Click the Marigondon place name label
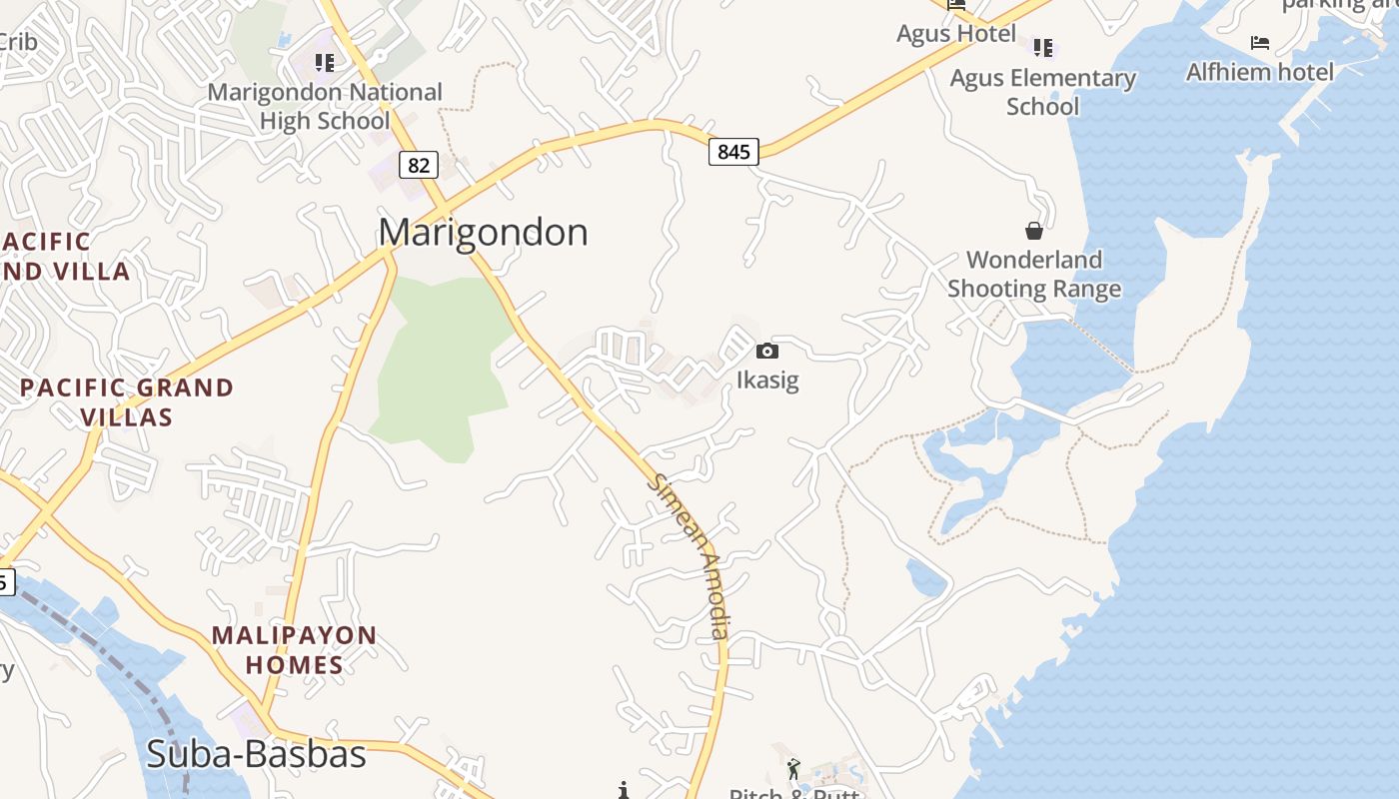tap(483, 233)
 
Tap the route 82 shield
tap(419, 165)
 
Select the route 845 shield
tap(733, 152)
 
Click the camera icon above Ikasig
tap(767, 351)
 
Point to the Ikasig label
tap(767, 381)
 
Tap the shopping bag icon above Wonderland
tap(1034, 231)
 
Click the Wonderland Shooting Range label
tap(1034, 275)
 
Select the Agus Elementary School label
tap(1042, 92)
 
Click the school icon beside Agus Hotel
tap(1043, 47)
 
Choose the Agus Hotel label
tap(955, 33)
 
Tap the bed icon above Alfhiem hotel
tap(1260, 43)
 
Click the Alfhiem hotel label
tap(1259, 72)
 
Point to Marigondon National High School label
tap(325, 106)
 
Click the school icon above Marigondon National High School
tap(324, 63)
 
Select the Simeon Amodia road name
tap(690, 555)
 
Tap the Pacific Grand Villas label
tap(127, 401)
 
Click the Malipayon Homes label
tap(294, 649)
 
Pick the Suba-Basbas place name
tap(256, 754)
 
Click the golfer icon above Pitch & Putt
tap(794, 768)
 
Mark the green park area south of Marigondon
tap(440, 360)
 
